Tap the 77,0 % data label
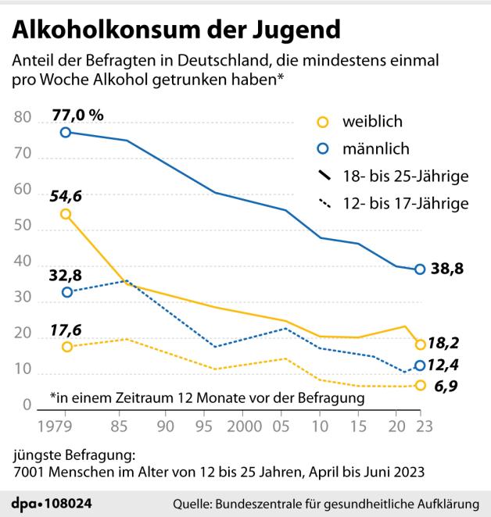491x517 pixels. tap(77, 116)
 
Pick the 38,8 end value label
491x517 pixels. tap(449, 269)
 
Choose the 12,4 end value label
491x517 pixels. tap(449, 365)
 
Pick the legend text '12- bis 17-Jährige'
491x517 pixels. tap(405, 203)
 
